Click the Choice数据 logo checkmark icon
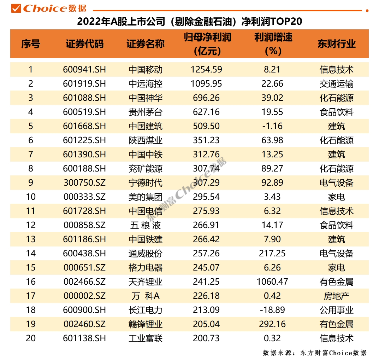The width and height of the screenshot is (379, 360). coord(16,8)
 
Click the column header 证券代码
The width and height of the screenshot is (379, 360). coord(85,44)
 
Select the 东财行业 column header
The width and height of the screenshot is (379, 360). coord(337,44)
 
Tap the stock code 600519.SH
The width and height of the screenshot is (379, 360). coord(85,112)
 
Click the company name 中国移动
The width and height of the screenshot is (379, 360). coord(146,70)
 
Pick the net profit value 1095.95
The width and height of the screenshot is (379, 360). coord(206,84)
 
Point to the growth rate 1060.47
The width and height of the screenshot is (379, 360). coord(272,281)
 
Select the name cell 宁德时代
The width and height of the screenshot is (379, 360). coord(146,183)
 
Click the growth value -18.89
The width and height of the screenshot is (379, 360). coord(272,310)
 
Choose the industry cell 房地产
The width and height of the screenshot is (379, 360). coord(337,296)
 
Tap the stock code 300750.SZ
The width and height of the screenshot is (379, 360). coord(85,183)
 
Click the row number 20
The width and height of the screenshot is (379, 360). coord(31,338)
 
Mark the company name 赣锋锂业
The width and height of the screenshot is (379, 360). coord(146,324)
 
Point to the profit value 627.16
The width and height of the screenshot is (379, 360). coord(206,112)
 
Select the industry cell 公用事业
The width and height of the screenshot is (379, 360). coord(337,310)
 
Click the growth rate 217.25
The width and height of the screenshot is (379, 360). coord(272,253)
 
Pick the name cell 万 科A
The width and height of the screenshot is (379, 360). coord(146,296)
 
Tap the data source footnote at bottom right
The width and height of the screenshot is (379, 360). coord(315,353)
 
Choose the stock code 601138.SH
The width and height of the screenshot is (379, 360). coord(85,338)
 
